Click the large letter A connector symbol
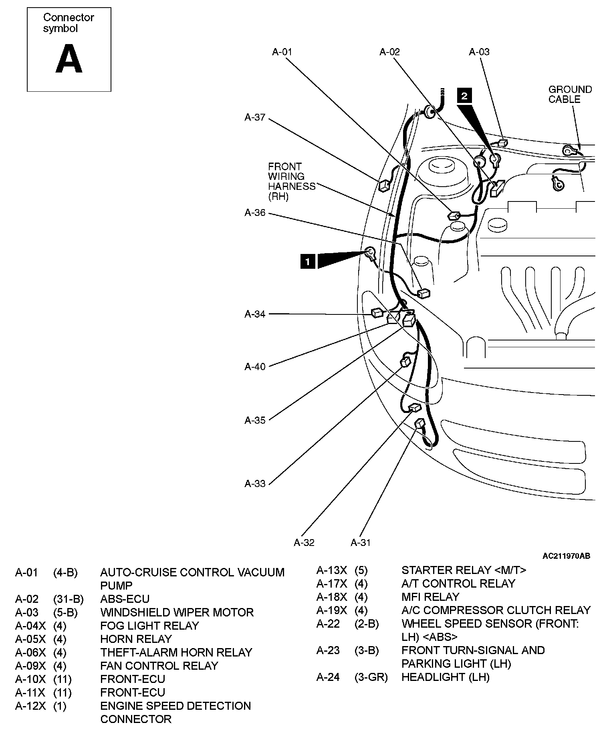click(x=69, y=59)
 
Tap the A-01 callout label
click(x=282, y=52)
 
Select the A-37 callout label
click(x=255, y=117)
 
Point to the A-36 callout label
click(x=255, y=213)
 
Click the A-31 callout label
click(x=361, y=542)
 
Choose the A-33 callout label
click(x=255, y=483)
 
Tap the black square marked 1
click(x=308, y=262)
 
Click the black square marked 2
click(x=464, y=96)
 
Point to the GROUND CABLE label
click(x=570, y=95)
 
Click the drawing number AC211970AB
click(x=566, y=556)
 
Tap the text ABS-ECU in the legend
click(x=125, y=599)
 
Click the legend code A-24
click(x=328, y=677)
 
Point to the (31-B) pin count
click(x=68, y=599)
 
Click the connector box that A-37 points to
click(x=383, y=185)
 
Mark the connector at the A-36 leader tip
click(x=424, y=294)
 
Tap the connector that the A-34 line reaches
click(x=377, y=312)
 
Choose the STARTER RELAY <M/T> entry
click(x=464, y=570)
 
